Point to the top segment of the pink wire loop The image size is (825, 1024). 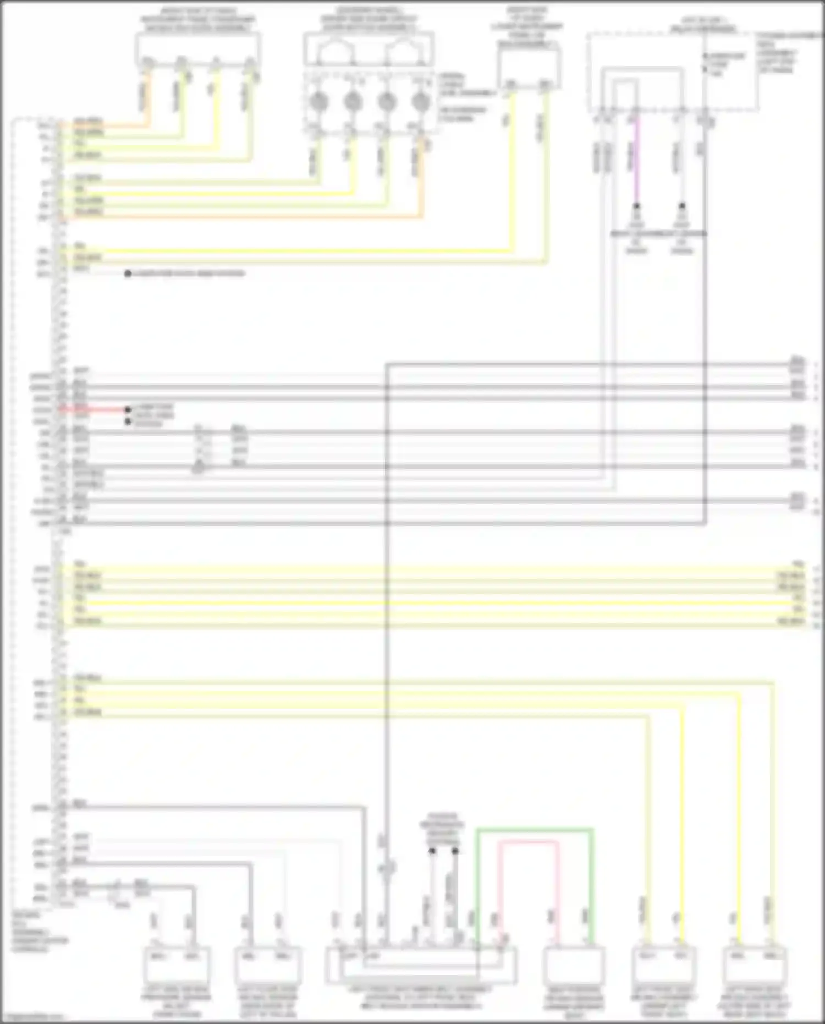[528, 842]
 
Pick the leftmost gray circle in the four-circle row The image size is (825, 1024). [319, 101]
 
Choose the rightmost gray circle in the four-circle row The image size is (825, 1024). [421, 101]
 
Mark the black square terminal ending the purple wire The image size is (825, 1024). [636, 206]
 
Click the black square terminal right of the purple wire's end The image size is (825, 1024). [682, 206]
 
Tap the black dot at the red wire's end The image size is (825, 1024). [128, 410]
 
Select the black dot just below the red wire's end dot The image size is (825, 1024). [128, 421]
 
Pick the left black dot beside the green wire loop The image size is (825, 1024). [432, 851]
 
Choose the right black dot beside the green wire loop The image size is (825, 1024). [455, 851]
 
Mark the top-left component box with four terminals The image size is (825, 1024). [197, 50]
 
